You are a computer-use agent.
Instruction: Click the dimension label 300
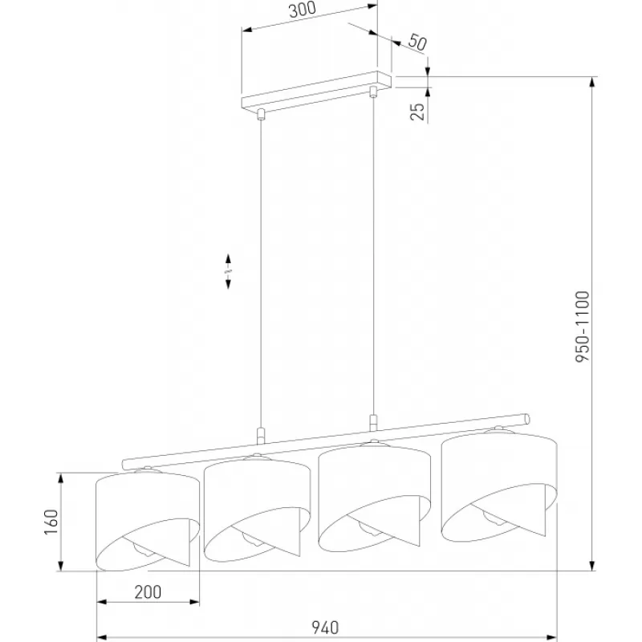point(303,10)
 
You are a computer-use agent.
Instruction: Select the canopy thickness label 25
point(417,112)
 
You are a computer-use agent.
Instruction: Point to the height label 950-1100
point(583,327)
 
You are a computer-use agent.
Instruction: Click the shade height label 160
point(51,522)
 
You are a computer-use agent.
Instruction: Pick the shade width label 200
point(148,592)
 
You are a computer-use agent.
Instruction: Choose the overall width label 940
point(326,628)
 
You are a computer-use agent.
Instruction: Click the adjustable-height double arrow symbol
point(228,271)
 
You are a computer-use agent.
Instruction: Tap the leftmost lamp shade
point(148,521)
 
